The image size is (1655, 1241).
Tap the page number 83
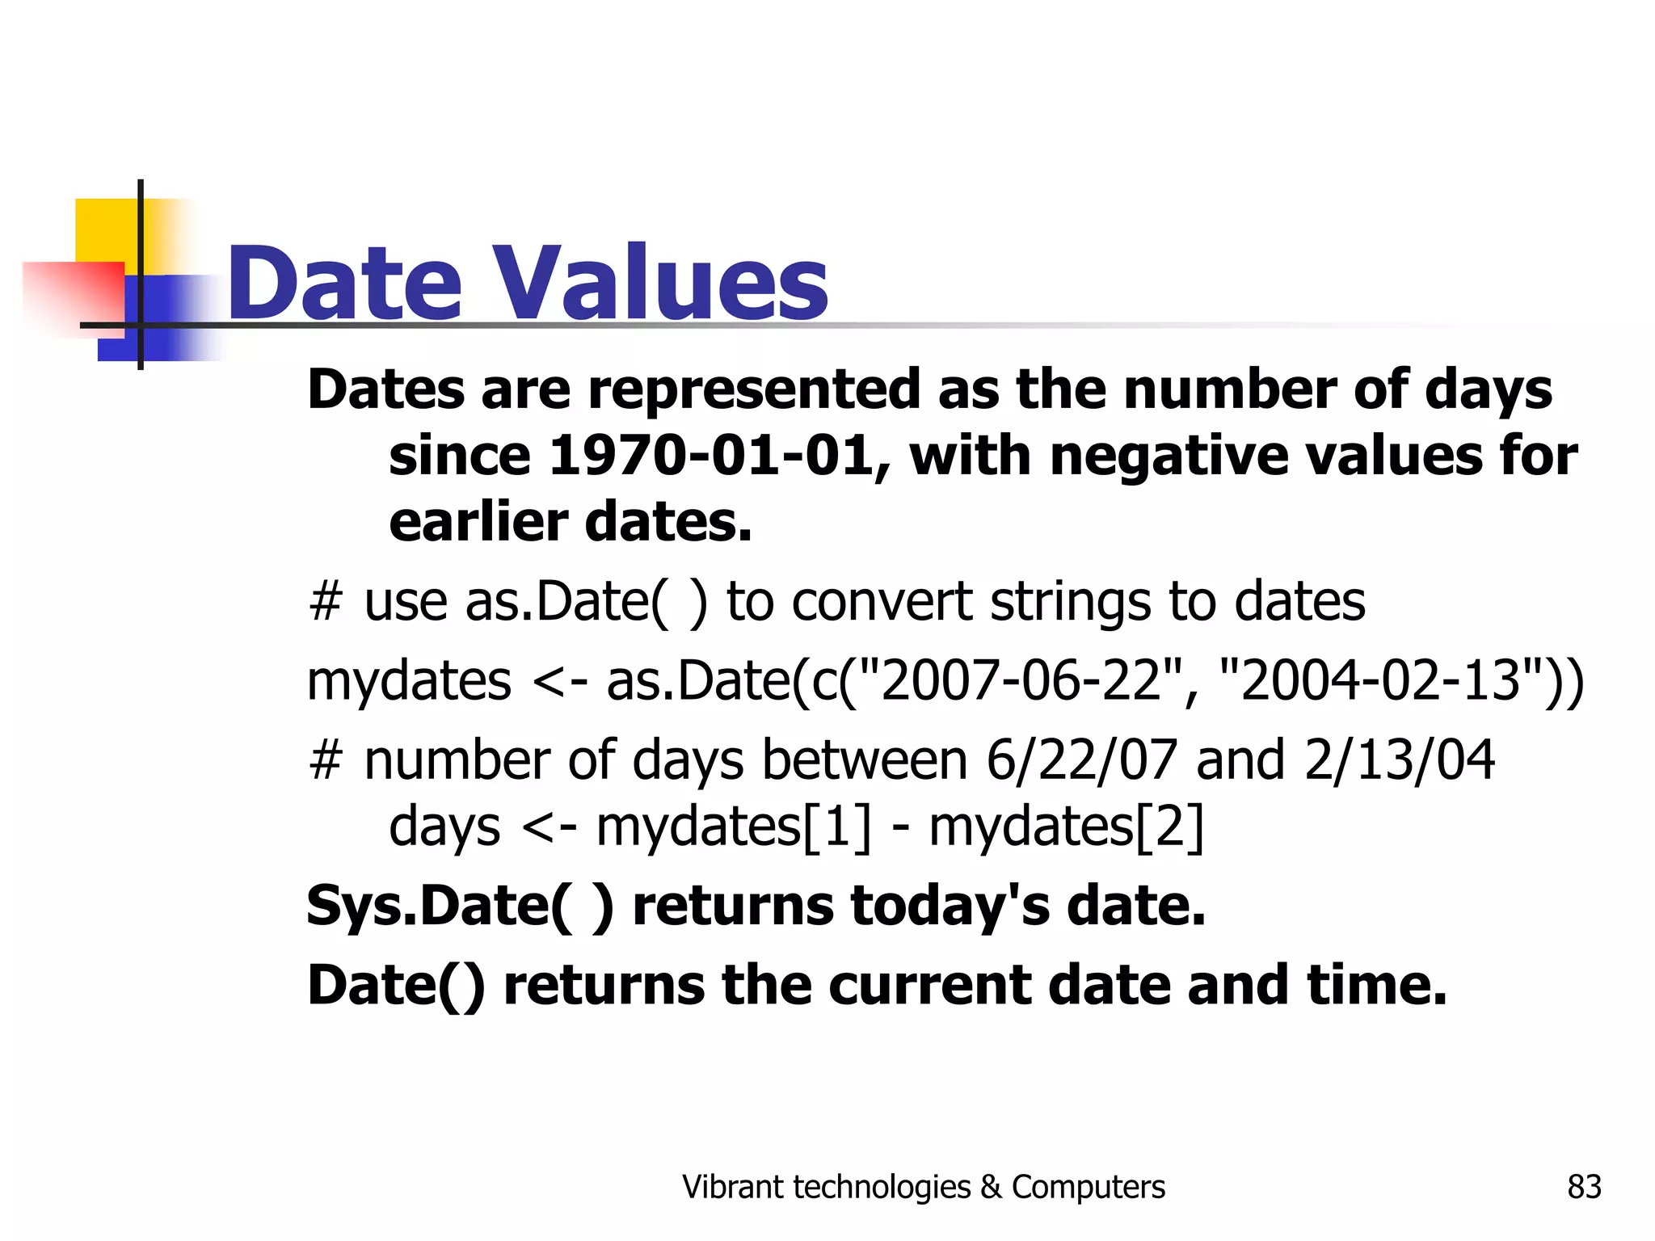(1584, 1187)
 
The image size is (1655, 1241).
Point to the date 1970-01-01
(710, 456)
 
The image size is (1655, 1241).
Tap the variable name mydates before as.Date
(409, 680)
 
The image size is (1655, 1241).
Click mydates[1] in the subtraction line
(734, 827)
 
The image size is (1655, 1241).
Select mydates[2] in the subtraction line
(1066, 827)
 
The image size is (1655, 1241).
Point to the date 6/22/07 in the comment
(1081, 760)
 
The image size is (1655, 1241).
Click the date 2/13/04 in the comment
(1399, 760)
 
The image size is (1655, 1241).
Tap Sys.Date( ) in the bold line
(460, 906)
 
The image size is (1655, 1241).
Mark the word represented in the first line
(754, 389)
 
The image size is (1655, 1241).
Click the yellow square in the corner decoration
(106, 229)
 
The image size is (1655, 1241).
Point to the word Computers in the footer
(1089, 1187)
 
